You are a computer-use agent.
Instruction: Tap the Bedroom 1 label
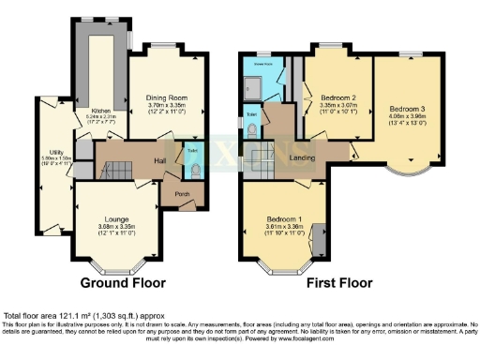(283, 217)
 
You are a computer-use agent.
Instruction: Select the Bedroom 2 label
(338, 97)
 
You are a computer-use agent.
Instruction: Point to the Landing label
(303, 157)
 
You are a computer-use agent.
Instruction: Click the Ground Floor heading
(123, 282)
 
